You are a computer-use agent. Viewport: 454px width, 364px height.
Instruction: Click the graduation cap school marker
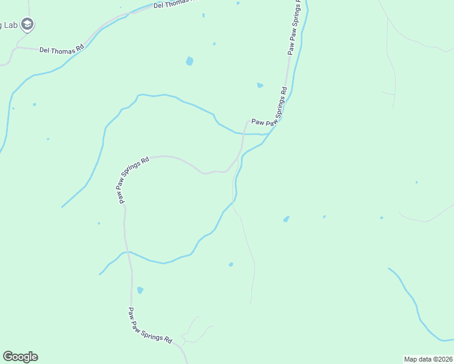click(27, 24)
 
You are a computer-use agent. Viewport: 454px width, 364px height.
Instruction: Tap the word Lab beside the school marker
click(10, 25)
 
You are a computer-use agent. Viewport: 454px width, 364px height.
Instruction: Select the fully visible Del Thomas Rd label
click(61, 51)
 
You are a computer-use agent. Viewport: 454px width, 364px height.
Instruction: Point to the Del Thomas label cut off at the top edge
click(176, 4)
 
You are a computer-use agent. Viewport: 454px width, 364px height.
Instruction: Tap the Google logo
click(20, 357)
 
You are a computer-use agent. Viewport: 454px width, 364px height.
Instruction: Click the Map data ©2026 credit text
click(427, 359)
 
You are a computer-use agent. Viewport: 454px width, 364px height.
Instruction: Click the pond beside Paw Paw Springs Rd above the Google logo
click(140, 291)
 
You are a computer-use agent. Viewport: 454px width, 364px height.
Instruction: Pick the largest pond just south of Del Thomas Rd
click(189, 61)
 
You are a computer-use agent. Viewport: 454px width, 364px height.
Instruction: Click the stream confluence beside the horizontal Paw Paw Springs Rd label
click(265, 133)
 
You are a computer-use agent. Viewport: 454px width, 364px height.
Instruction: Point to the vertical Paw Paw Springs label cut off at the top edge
click(293, 27)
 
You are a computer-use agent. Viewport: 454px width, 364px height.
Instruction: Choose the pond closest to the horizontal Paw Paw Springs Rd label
click(260, 86)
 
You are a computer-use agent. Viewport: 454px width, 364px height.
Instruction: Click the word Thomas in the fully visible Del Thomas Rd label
click(64, 51)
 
